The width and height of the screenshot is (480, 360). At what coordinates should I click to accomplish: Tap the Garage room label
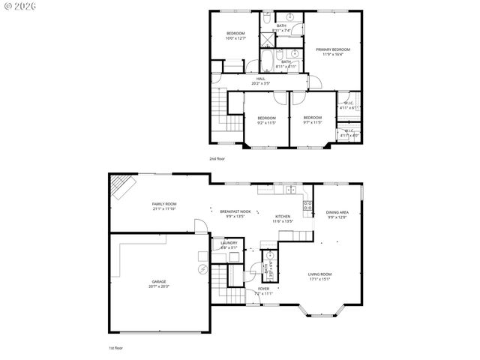coord(157,283)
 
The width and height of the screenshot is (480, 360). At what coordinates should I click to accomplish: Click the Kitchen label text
coord(282,217)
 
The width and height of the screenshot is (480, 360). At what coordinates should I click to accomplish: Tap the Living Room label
coord(320,276)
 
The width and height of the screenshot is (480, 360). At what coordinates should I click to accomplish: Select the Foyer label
coord(264,289)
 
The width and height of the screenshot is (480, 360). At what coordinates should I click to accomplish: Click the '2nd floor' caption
coord(217,159)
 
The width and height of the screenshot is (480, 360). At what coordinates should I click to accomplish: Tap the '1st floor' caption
coord(115,349)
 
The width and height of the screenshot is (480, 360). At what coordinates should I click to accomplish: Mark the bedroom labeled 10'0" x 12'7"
coord(236,35)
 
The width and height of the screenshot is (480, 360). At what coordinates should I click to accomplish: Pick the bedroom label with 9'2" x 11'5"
coord(267,119)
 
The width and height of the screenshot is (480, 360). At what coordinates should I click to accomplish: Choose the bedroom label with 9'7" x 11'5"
coord(313,119)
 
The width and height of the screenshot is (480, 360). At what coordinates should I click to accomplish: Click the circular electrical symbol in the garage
coord(202,268)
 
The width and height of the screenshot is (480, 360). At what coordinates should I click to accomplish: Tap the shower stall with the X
coord(268,40)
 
